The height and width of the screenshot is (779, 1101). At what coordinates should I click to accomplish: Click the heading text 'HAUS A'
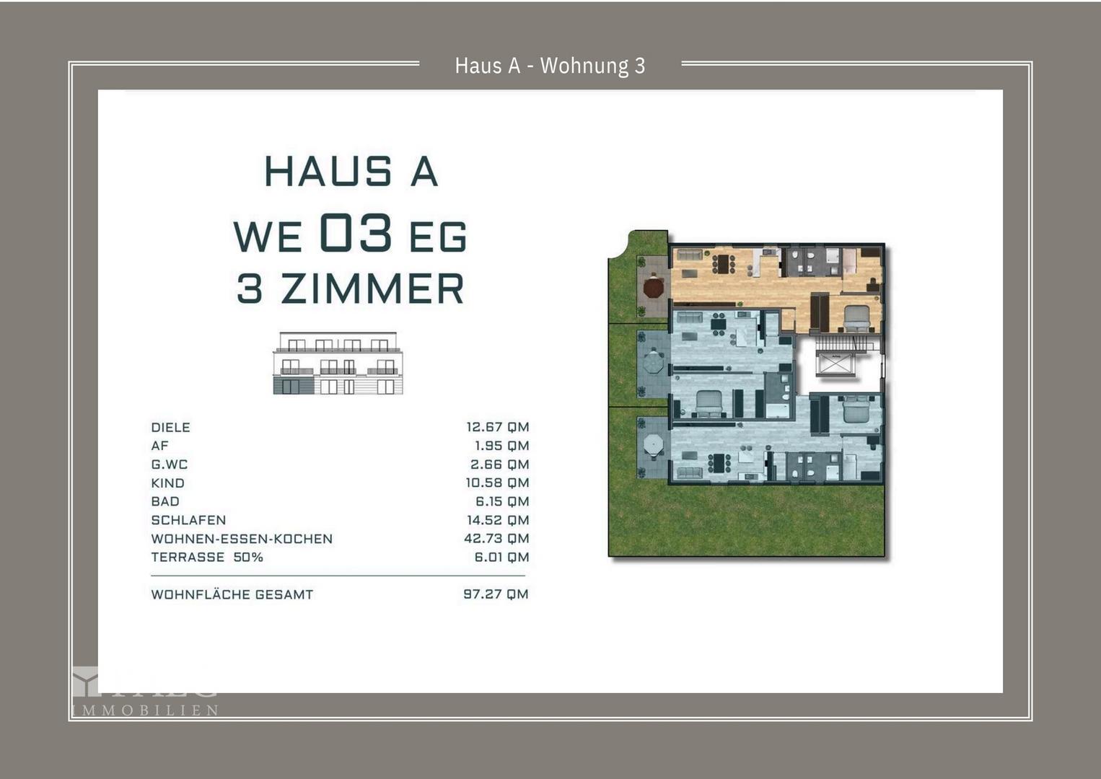(x=351, y=172)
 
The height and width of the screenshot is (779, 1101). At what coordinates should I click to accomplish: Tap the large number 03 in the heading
(x=356, y=233)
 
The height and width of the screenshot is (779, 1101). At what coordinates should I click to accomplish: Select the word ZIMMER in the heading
(x=372, y=289)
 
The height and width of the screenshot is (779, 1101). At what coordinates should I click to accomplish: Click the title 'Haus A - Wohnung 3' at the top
(x=550, y=66)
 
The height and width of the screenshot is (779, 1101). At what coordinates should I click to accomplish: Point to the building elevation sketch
(x=338, y=364)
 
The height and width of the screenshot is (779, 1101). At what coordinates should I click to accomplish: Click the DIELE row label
(x=170, y=427)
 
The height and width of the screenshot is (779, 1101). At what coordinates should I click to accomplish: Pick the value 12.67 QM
(x=497, y=427)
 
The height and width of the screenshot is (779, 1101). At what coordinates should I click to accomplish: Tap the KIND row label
(x=167, y=483)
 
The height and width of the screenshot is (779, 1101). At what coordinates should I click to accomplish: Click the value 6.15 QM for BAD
(x=501, y=501)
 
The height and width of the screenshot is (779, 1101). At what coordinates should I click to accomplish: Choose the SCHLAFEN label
(x=188, y=520)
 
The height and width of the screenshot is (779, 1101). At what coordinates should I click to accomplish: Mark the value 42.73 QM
(x=496, y=539)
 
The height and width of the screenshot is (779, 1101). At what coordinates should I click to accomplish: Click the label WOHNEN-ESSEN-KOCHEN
(x=242, y=539)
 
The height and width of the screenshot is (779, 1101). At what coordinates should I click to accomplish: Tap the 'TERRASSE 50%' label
(x=207, y=558)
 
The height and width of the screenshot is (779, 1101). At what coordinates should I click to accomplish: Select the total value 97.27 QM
(x=496, y=594)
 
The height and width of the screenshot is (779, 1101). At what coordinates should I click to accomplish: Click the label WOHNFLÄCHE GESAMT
(x=232, y=595)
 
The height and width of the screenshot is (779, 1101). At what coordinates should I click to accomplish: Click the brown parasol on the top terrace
(x=653, y=288)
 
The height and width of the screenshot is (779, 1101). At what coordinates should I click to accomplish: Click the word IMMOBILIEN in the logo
(x=146, y=710)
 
